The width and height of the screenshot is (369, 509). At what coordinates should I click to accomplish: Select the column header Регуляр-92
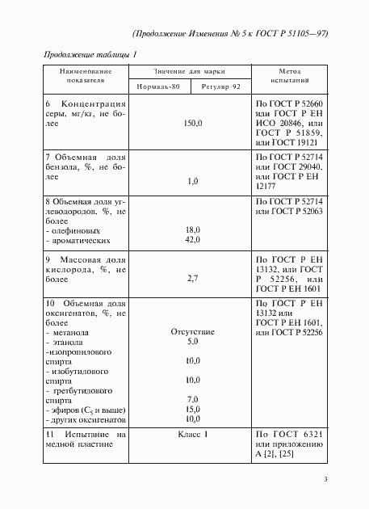tap(220, 86)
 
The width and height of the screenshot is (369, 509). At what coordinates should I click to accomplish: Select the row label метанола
tap(70, 332)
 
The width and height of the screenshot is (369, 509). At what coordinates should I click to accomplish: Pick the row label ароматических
tap(78, 241)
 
